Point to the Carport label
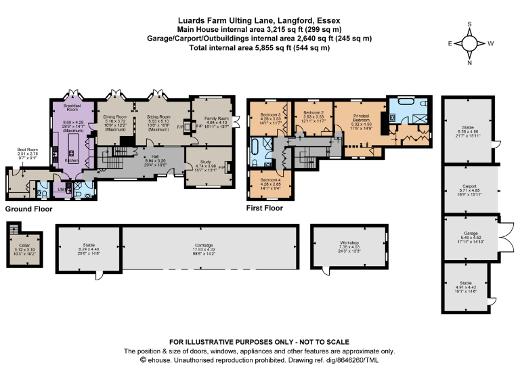tap(469, 186)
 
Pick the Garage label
tap(469, 234)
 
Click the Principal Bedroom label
tap(361, 118)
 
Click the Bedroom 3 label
tap(270, 115)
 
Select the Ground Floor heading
tap(28, 209)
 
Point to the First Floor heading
tap(265, 209)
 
